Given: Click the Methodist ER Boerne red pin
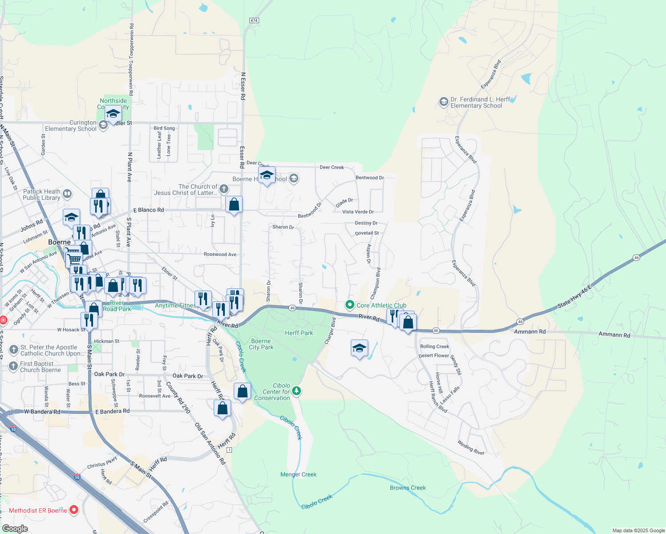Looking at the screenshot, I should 74,510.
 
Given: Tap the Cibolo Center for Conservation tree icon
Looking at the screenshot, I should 296,391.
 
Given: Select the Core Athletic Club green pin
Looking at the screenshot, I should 350,305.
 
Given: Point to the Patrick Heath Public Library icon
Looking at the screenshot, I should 67,194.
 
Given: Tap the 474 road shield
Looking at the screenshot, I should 254,20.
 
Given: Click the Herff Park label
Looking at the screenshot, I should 299,333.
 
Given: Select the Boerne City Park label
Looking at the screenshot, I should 261,344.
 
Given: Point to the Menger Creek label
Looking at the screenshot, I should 298,474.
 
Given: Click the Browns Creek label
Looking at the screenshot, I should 408,488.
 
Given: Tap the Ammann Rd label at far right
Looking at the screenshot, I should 614,335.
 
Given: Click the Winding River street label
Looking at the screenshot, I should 471,447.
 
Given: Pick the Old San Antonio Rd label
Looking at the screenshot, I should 210,444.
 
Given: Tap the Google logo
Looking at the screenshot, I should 15,529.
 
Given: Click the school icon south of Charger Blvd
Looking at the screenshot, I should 359,348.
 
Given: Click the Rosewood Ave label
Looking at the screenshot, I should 220,255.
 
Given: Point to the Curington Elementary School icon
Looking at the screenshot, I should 103,125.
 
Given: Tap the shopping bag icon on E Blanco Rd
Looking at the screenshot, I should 234,205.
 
